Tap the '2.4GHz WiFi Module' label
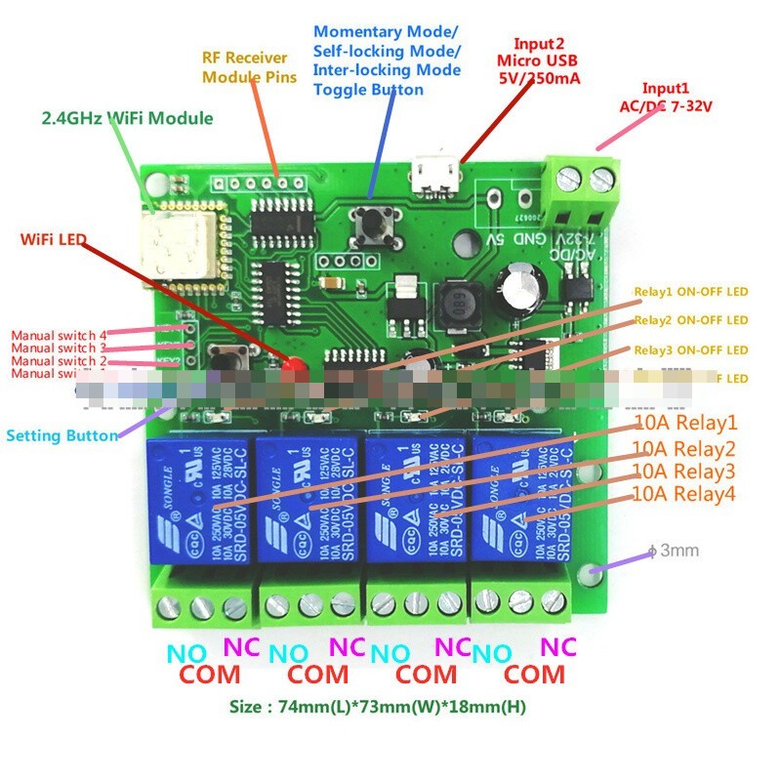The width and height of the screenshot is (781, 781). [127, 118]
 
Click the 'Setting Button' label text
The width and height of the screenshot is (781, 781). [62, 435]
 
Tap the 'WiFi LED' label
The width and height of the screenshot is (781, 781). [55, 238]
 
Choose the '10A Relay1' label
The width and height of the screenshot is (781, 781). [683, 424]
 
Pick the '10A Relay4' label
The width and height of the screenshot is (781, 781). [683, 494]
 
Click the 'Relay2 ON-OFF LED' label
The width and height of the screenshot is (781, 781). [690, 320]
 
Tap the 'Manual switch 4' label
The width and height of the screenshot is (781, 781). [59, 336]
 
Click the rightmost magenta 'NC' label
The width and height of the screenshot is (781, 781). [558, 646]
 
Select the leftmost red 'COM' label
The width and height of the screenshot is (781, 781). [210, 675]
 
